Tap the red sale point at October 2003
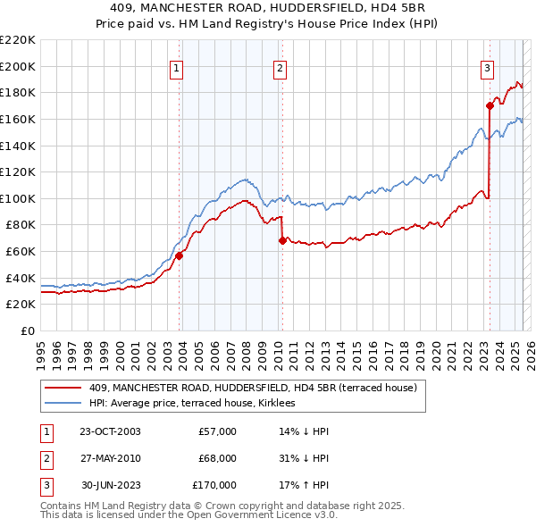[x=179, y=255]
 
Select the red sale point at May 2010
[x=282, y=240]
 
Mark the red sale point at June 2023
[x=490, y=105]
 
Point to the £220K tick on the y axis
[x=18, y=40]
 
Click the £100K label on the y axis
[x=18, y=198]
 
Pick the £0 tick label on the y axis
[x=27, y=330]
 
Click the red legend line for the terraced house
[x=63, y=388]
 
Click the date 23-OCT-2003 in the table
[x=110, y=431]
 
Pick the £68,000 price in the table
[x=217, y=458]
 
